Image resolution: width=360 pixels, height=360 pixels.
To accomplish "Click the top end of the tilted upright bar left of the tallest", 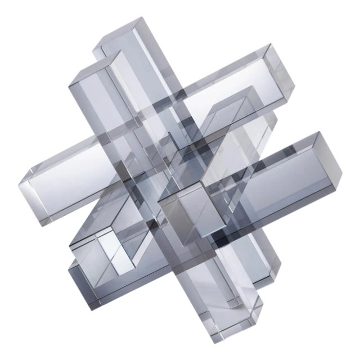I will [x=84, y=79].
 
